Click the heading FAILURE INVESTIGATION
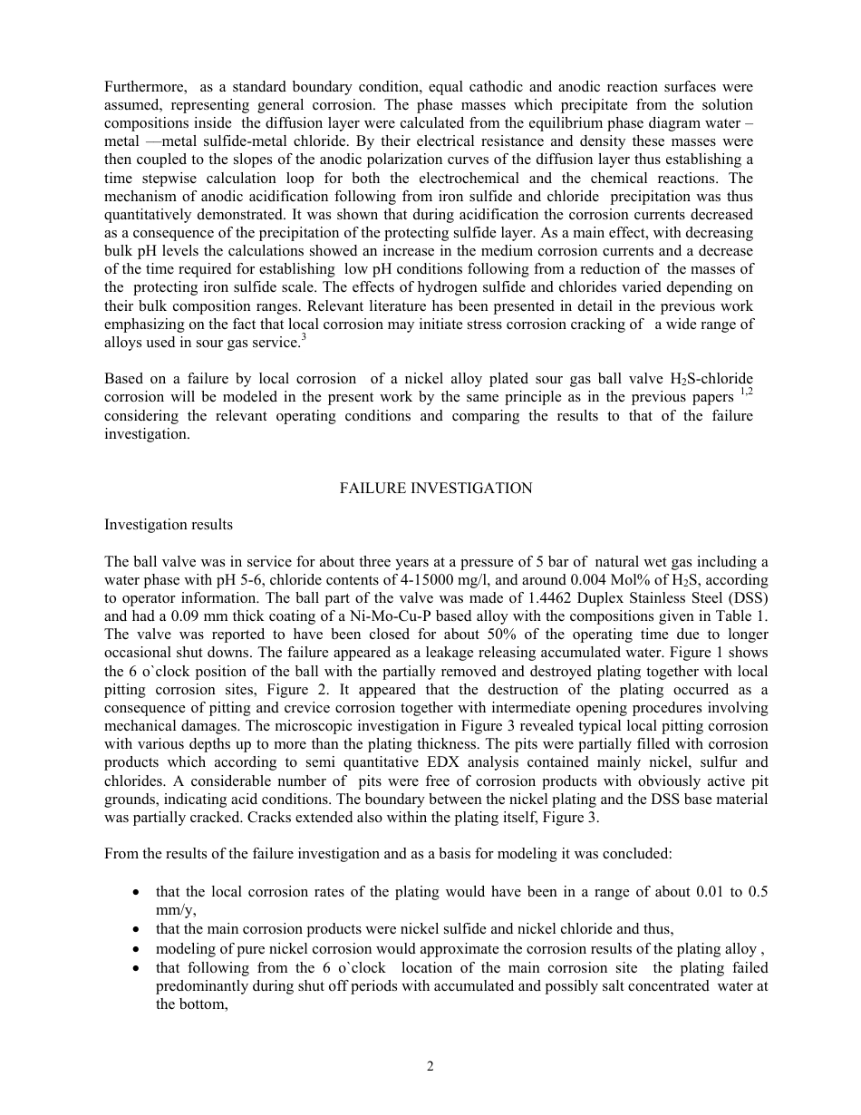[x=436, y=489]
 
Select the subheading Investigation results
[x=168, y=525]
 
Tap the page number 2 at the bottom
[x=430, y=1067]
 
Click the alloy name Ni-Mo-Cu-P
[x=383, y=616]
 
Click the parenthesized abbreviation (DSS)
[x=744, y=598]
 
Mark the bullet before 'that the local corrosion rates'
[x=135, y=893]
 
